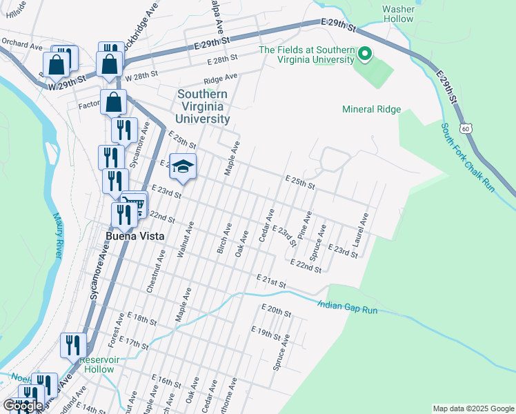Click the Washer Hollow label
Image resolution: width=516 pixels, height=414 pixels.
pyautogui.click(x=398, y=14)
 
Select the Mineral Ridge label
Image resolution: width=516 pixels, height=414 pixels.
pyautogui.click(x=372, y=109)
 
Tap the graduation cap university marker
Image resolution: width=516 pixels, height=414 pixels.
pyautogui.click(x=183, y=166)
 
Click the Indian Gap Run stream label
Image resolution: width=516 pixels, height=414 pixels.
pyautogui.click(x=348, y=307)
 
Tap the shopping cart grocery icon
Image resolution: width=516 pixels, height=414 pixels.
pyautogui.click(x=135, y=204)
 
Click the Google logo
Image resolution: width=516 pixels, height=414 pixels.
pyautogui.click(x=23, y=405)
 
